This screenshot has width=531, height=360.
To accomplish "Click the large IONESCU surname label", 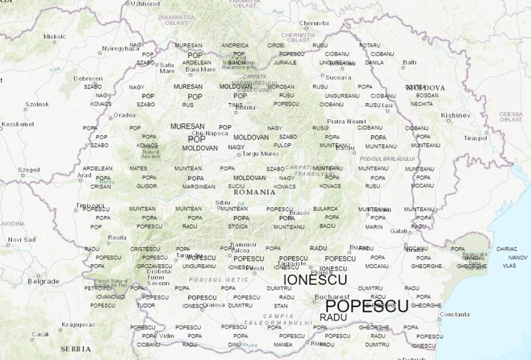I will click(315, 279).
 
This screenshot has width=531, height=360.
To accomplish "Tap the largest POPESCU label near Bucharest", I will click(366, 306).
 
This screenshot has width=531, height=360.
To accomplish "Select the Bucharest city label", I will click(332, 297).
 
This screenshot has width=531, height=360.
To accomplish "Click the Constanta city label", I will click(455, 314).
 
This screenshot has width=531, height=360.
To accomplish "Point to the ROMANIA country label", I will click(254, 192).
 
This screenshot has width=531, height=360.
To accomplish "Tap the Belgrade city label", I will click(43, 281).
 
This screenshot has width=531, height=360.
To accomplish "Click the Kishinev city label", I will click(456, 115).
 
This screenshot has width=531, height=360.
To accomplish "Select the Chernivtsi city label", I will click(313, 23).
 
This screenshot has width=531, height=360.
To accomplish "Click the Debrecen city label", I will click(88, 78).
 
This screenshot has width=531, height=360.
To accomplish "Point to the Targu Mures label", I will click(261, 154).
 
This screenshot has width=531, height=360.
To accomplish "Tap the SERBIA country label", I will click(76, 349).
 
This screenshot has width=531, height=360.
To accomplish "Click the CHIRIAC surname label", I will click(507, 249).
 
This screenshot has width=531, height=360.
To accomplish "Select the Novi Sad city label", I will click(22, 240).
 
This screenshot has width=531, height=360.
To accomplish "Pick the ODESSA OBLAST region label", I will click(511, 117).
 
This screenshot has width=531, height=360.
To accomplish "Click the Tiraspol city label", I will click(475, 138).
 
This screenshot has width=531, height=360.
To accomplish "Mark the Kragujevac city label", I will click(78, 325).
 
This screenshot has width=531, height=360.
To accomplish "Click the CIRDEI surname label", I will click(276, 45).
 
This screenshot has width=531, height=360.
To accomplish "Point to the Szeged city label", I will click(29, 170).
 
